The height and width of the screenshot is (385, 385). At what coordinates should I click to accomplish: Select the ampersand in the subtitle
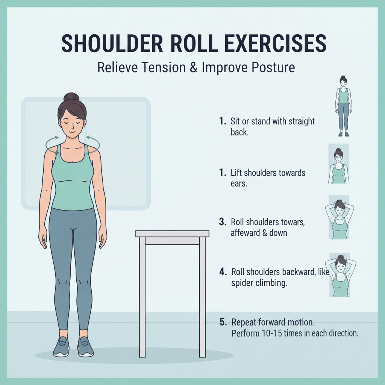pyautogui.click(x=194, y=67)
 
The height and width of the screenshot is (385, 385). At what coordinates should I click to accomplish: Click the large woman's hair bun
pyautogui.click(x=71, y=97)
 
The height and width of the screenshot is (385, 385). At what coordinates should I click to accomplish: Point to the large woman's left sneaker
pyautogui.click(x=85, y=347)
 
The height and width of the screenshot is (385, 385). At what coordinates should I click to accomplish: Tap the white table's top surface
pyautogui.click(x=172, y=233)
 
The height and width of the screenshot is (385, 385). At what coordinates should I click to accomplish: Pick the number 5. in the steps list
pyautogui.click(x=223, y=322)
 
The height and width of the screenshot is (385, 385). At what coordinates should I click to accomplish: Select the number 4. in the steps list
pyautogui.click(x=223, y=272)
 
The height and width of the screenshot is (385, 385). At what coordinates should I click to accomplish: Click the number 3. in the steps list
pyautogui.click(x=223, y=222)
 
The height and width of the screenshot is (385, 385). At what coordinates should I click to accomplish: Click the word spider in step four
pyautogui.click(x=243, y=283)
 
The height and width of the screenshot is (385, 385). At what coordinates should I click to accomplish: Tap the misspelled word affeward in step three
pyautogui.click(x=245, y=232)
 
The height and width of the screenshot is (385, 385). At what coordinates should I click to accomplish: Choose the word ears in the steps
pyautogui.click(x=239, y=183)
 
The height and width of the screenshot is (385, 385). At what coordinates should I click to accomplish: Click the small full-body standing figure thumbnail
pyautogui.click(x=343, y=106)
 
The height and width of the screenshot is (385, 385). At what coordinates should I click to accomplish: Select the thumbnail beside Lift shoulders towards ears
pyautogui.click(x=339, y=164)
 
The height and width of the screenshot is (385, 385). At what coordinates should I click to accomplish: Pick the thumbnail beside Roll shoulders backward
pyautogui.click(x=340, y=275)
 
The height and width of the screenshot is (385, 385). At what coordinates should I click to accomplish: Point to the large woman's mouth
pyautogui.click(x=71, y=132)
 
